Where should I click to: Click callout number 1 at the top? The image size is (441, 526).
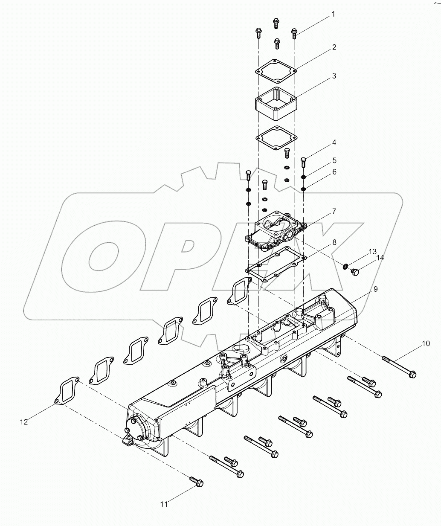tap(333, 15)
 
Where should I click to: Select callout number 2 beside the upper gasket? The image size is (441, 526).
tap(334, 47)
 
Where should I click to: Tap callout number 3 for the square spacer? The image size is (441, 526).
tap(334, 76)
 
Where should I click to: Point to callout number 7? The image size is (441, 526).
tap(334, 211)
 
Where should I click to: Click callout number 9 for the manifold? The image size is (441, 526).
tap(375, 289)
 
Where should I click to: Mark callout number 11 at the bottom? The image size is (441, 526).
tap(164, 504)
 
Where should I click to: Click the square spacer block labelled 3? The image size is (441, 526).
tap(276, 103)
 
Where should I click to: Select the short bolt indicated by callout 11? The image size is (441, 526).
tap(197, 481)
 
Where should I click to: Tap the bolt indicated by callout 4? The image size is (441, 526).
tap(303, 162)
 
